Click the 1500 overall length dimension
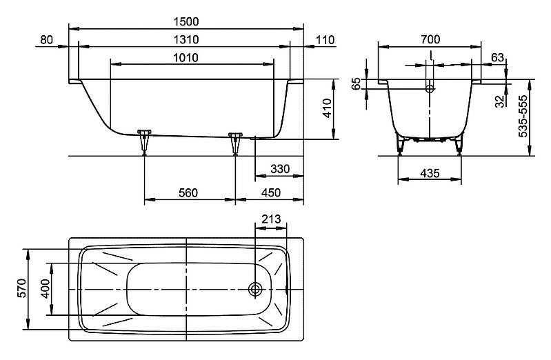186,22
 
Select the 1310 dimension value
186,39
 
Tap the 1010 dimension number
186,57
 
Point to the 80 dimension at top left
46,40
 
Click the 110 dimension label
325,40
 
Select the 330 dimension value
280,169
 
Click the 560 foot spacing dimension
188,192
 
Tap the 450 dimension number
270,192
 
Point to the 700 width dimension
430,39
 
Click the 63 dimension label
498,57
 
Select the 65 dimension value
356,84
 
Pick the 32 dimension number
500,101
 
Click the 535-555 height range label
523,117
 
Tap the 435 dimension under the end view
430,173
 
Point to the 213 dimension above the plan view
271,219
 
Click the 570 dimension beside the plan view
22,288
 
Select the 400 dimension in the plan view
46,288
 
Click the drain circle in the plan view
255,290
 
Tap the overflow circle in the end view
430,88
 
